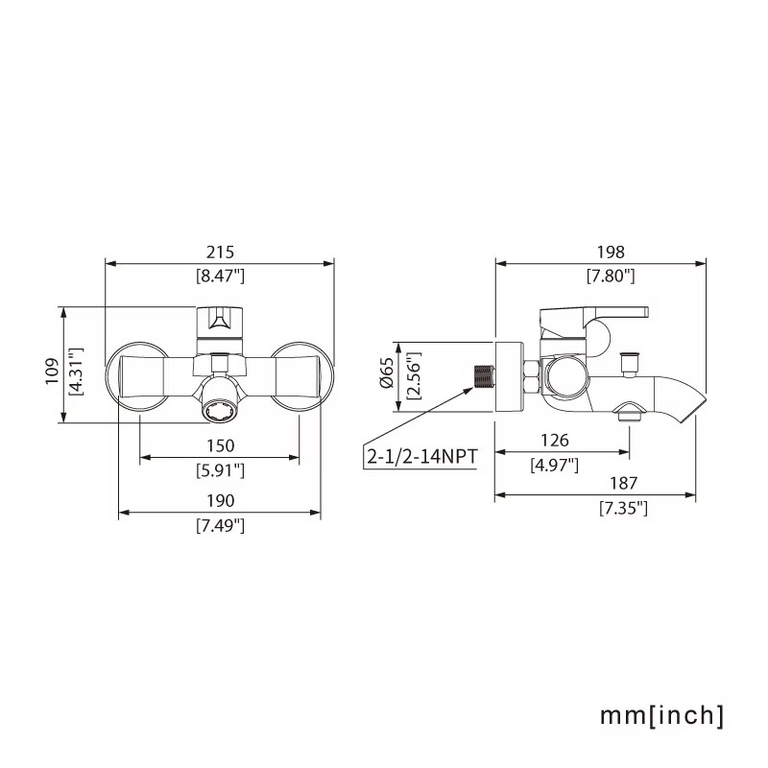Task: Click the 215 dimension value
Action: pyautogui.click(x=220, y=252)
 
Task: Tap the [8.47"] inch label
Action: pyautogui.click(x=220, y=276)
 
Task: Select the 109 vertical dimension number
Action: pyautogui.click(x=52, y=372)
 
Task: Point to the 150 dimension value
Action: pyautogui.click(x=220, y=445)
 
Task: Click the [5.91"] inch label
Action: pyautogui.click(x=220, y=470)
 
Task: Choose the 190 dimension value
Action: pyautogui.click(x=220, y=500)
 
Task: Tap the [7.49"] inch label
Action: pyautogui.click(x=220, y=525)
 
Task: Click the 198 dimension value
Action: pyautogui.click(x=611, y=252)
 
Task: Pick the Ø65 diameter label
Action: pyautogui.click(x=387, y=373)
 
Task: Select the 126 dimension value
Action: pyautogui.click(x=555, y=441)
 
